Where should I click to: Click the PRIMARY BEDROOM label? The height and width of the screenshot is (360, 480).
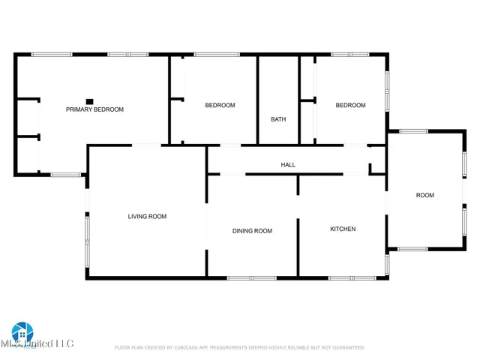pyautogui.click(x=94, y=109)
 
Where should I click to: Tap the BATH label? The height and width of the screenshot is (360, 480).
pyautogui.click(x=278, y=119)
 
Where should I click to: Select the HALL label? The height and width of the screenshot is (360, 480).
pyautogui.click(x=288, y=164)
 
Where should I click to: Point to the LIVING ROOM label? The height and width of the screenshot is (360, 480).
pyautogui.click(x=147, y=216)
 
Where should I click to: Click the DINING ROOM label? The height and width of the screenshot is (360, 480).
pyautogui.click(x=252, y=231)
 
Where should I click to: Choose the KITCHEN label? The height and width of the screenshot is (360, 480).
pyautogui.click(x=343, y=229)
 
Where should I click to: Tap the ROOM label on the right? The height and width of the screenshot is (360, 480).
pyautogui.click(x=425, y=195)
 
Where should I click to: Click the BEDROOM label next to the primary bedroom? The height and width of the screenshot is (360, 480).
pyautogui.click(x=220, y=105)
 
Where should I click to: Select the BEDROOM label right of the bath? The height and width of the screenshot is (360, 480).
pyautogui.click(x=350, y=105)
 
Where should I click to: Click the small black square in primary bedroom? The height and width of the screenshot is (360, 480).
pyautogui.click(x=89, y=101)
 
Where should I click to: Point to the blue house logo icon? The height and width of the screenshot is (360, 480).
pyautogui.click(x=22, y=331)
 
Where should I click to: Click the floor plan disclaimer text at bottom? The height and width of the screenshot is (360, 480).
pyautogui.click(x=240, y=347)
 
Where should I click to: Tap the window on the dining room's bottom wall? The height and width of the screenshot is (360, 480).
pyautogui.click(x=252, y=278)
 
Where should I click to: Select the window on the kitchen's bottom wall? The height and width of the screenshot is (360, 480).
pyautogui.click(x=352, y=278)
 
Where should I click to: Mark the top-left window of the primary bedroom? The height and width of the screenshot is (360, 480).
pyautogui.click(x=52, y=54)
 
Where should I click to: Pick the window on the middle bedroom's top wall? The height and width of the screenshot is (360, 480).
pyautogui.click(x=217, y=54)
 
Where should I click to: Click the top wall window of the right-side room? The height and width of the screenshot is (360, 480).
pyautogui.click(x=413, y=131)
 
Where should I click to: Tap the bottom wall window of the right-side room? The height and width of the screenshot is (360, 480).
pyautogui.click(x=413, y=248)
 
